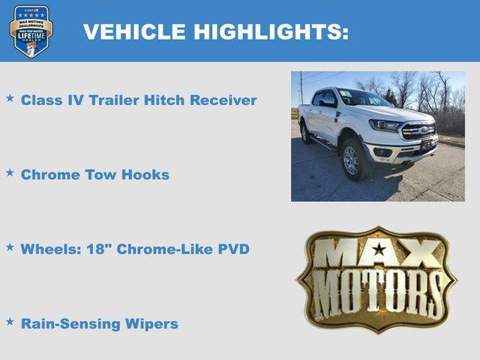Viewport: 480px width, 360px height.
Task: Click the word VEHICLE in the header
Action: [134, 32]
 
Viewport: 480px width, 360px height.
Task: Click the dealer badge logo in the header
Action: [31, 31]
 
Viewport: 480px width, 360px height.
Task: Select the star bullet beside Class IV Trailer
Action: [10, 98]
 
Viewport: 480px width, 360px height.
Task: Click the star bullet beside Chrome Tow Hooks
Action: [10, 172]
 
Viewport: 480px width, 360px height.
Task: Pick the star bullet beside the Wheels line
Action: [10, 247]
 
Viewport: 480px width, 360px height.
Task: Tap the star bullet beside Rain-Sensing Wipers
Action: [10, 322]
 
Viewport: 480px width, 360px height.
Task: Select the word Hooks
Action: [148, 175]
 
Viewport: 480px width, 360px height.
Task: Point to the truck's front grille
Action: [418, 130]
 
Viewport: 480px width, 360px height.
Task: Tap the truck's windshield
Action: [362, 98]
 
